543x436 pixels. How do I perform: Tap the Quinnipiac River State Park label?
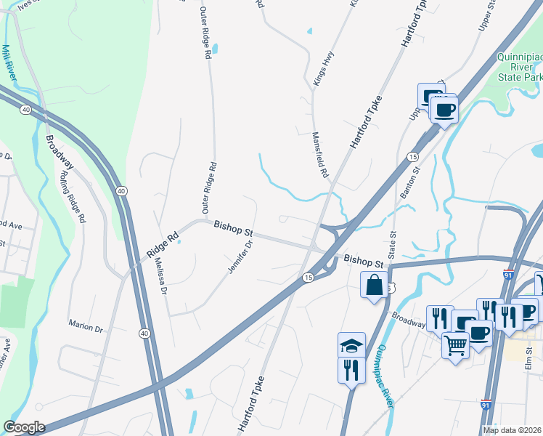(519, 66)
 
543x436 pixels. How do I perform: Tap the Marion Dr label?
(86, 328)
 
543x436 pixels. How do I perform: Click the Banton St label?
(407, 185)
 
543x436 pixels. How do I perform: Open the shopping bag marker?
(374, 285)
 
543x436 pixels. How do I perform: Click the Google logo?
(24, 427)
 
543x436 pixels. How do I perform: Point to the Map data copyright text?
(513, 430)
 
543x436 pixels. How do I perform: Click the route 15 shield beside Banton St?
(412, 157)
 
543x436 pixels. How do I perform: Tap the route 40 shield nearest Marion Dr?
(144, 334)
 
